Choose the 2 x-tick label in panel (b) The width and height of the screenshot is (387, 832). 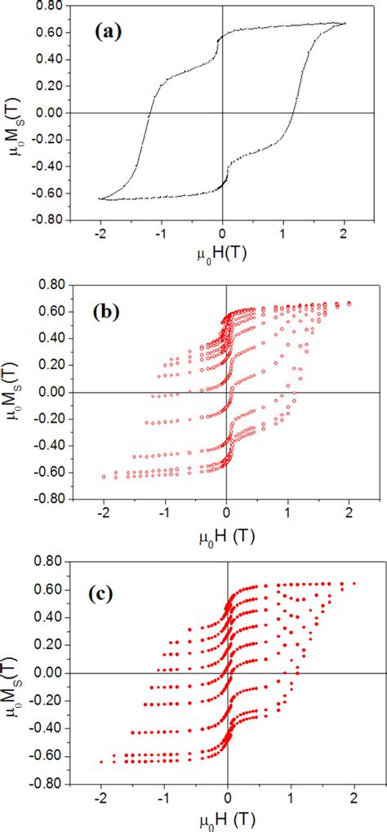(x=349, y=514)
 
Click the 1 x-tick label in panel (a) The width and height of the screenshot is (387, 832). (x=283, y=232)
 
